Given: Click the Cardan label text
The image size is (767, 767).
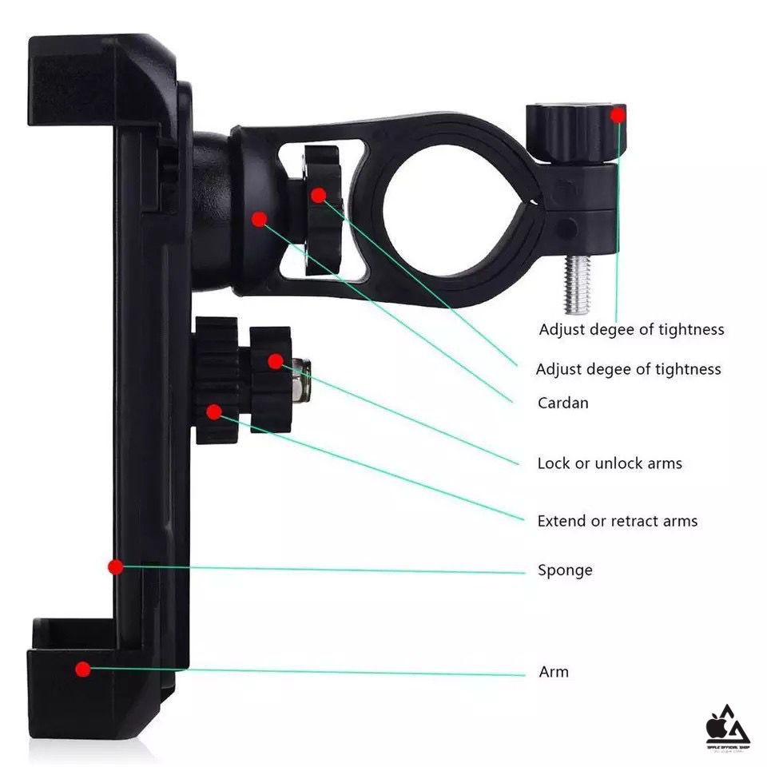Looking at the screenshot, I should pos(562,403).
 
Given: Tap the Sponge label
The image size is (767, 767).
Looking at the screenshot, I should pos(565,570).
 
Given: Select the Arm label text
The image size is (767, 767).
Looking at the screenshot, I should pos(554,672).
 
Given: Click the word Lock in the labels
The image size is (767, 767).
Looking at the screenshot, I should pos(554,463).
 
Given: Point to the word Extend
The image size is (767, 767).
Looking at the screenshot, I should pos(562,521).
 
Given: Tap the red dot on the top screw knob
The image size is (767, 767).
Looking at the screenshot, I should pos(618,115).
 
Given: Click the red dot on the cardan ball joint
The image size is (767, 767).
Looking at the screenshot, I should pos(259,218).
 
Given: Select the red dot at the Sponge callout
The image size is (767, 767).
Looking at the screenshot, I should pos(116,566).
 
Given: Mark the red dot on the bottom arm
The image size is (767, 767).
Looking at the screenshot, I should pos(83,669).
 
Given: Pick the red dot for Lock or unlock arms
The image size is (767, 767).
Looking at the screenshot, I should pos(276,361).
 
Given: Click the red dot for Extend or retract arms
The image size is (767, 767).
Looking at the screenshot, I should pos(213,412).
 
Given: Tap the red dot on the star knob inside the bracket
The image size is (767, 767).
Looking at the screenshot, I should pos(319,194).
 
